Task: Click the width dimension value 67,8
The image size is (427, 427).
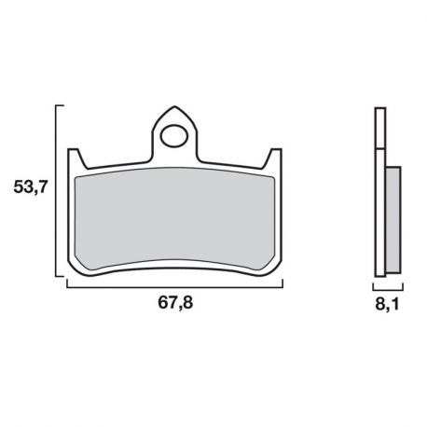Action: pos(173,304)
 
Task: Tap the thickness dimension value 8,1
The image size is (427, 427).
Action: pos(388,304)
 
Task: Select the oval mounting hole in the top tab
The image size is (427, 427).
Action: pos(174,137)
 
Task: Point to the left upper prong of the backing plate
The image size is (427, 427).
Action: pos(76,158)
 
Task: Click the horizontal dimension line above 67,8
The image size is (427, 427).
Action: pos(174,286)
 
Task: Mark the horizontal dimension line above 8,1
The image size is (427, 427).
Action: pos(387,286)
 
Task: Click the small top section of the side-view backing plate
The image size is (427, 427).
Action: pos(379,127)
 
